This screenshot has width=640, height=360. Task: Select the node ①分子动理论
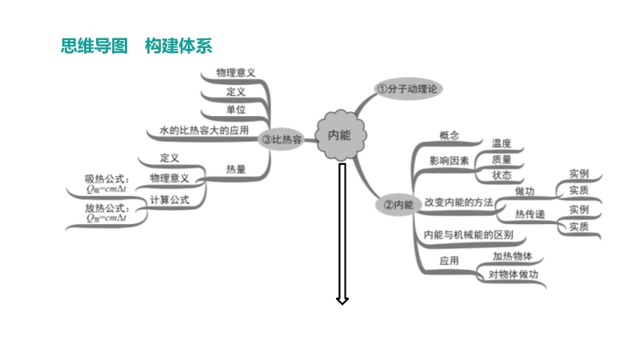409,88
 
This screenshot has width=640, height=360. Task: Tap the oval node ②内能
398,206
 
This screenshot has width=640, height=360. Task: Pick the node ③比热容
280,139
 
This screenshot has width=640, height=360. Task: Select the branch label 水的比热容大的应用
203,130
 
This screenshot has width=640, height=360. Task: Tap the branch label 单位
236,110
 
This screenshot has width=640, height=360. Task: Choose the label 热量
236,169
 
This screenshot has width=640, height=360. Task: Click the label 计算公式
170,200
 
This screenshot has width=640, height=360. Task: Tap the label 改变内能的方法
458,202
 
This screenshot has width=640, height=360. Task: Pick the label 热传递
530,214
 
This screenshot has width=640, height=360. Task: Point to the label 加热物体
513,257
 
